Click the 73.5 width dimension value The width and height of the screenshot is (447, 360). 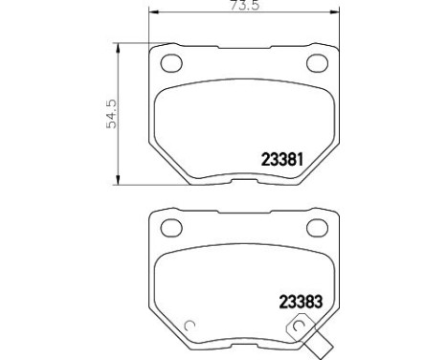pos(245,5)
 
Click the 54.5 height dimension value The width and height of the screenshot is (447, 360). pos(112,114)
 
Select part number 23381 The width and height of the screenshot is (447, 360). pos(281,159)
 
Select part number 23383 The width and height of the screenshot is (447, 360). pos(301,302)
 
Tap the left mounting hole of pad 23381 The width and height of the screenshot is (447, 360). pos(171,63)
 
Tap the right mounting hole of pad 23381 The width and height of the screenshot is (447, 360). pos(317,63)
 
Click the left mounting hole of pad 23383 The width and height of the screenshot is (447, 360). pos(171,228)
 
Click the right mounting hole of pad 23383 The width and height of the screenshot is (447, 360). pos(317,228)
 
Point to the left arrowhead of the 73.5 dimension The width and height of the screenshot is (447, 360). pos(154,12)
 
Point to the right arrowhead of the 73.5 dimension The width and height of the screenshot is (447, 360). pos(335,12)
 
